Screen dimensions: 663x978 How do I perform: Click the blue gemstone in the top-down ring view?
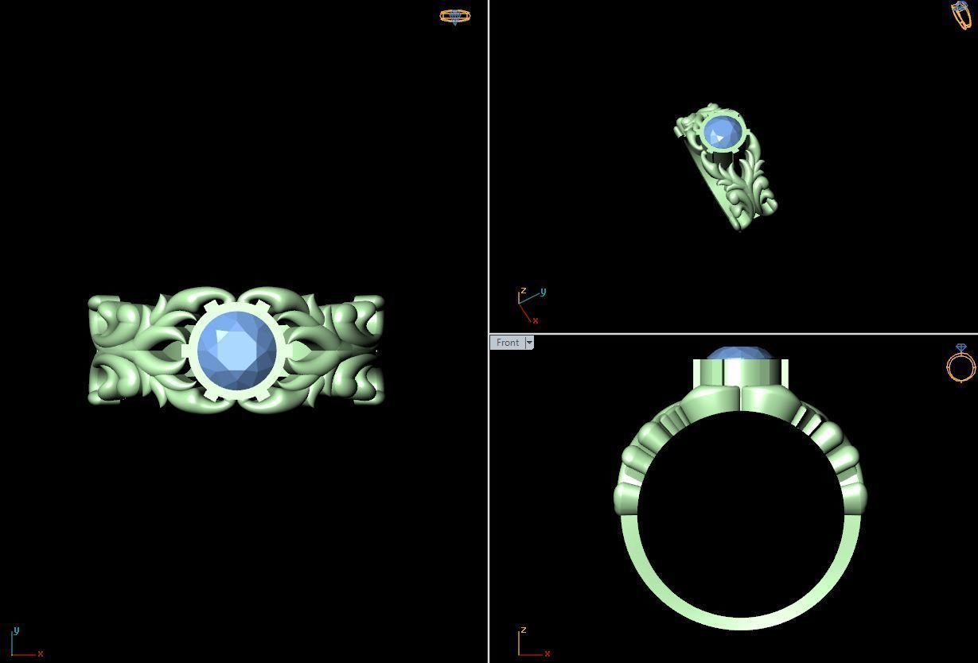(x=236, y=351)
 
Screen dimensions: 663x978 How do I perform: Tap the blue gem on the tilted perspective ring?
(x=723, y=131)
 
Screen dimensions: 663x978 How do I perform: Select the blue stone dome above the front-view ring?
(x=739, y=353)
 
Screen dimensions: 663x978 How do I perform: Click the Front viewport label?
(x=507, y=343)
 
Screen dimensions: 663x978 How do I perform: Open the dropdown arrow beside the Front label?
(x=529, y=343)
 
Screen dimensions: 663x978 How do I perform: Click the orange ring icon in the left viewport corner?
(x=455, y=16)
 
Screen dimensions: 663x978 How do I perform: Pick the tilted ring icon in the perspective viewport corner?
(x=961, y=14)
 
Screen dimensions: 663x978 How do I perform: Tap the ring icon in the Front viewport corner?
(x=960, y=364)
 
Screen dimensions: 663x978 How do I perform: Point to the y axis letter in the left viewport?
(x=15, y=630)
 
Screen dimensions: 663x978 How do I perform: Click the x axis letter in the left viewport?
(x=40, y=653)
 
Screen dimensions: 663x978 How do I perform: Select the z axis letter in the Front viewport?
(x=523, y=630)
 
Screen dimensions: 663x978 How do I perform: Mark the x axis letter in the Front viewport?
(x=548, y=653)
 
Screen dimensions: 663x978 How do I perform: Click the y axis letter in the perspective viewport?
(x=543, y=292)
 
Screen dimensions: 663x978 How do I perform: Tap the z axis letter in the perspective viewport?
(x=523, y=291)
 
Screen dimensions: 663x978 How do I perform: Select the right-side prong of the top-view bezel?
(x=286, y=351)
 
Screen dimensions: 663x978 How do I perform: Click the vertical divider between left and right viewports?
(x=489, y=238)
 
